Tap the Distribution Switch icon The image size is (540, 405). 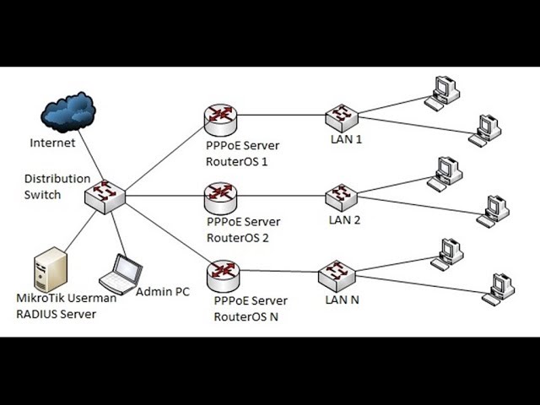click(105, 196)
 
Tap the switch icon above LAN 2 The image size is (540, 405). click(342, 196)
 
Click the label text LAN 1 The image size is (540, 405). click(346, 139)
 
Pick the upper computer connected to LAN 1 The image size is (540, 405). click(442, 90)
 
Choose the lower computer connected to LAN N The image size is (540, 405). click(499, 288)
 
